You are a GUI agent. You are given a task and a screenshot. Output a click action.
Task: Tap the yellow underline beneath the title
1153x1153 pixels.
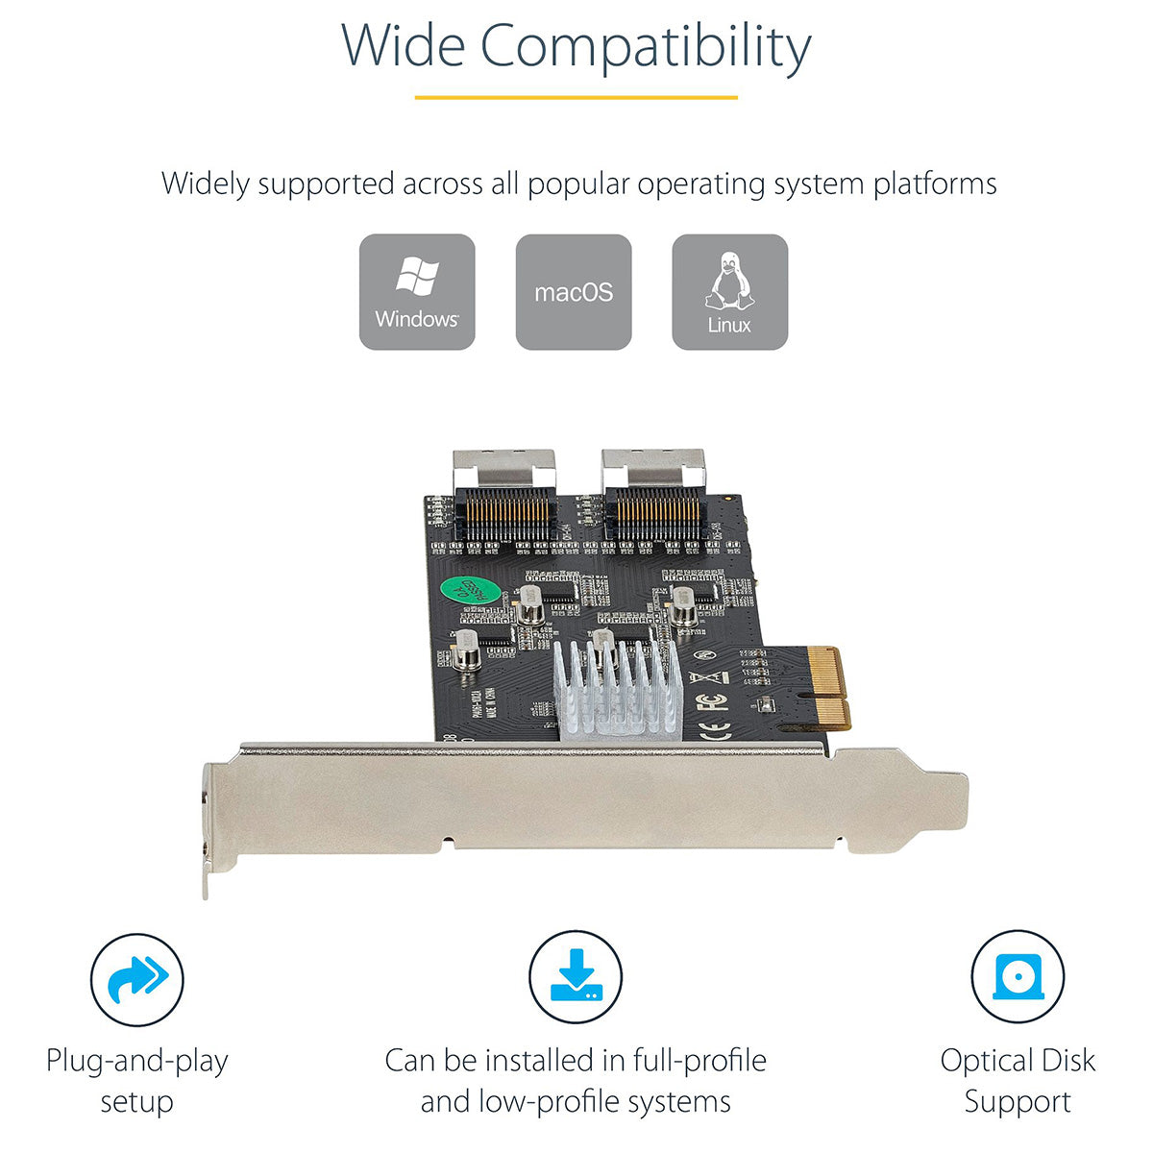coord(576,97)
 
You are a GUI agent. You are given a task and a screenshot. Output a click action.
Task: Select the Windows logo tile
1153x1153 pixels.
coord(417,291)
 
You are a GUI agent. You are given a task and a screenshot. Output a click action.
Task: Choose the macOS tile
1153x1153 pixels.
coord(574,291)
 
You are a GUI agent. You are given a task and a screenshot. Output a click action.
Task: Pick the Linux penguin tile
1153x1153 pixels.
coord(729,291)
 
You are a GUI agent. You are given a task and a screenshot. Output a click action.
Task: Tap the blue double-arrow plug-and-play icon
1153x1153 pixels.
coord(136,979)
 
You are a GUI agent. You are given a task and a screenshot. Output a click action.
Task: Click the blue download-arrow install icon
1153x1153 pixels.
coord(576,977)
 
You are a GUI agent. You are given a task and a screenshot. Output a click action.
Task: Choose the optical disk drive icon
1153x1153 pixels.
coord(1017,977)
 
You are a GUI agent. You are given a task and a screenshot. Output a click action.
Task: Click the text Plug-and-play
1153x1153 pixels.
coord(136,1061)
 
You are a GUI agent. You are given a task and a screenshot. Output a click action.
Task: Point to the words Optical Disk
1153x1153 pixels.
coord(1018,1061)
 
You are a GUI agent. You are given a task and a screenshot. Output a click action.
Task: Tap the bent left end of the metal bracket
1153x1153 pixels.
coord(208,826)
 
